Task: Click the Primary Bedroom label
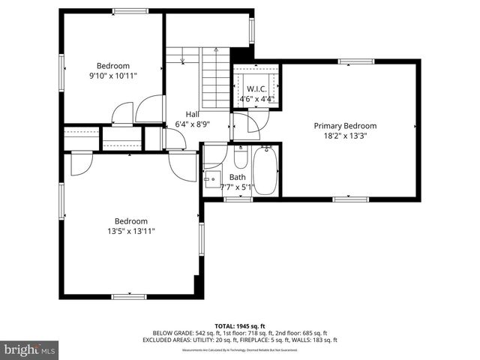pyautogui.click(x=345, y=125)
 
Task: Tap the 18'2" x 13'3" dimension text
pyautogui.click(x=345, y=136)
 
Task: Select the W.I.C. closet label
pyautogui.click(x=256, y=88)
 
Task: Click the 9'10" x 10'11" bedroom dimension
pyautogui.click(x=113, y=76)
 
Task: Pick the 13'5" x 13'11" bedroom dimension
pyautogui.click(x=130, y=231)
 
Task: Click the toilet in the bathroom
pyautogui.click(x=241, y=157)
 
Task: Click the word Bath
pyautogui.click(x=237, y=178)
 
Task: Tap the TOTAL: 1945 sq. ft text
pyautogui.click(x=240, y=325)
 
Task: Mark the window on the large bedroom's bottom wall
pyautogui.click(x=128, y=297)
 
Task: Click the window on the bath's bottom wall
pyautogui.click(x=238, y=199)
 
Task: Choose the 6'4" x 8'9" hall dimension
pyautogui.click(x=192, y=124)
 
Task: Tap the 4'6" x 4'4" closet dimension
pyautogui.click(x=256, y=98)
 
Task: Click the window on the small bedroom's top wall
pyautogui.click(x=124, y=10)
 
